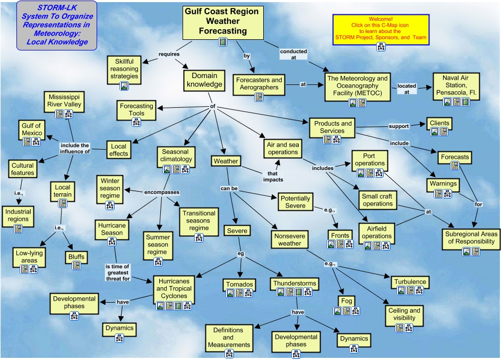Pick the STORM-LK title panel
point(57,25)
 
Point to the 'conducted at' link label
point(293,55)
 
